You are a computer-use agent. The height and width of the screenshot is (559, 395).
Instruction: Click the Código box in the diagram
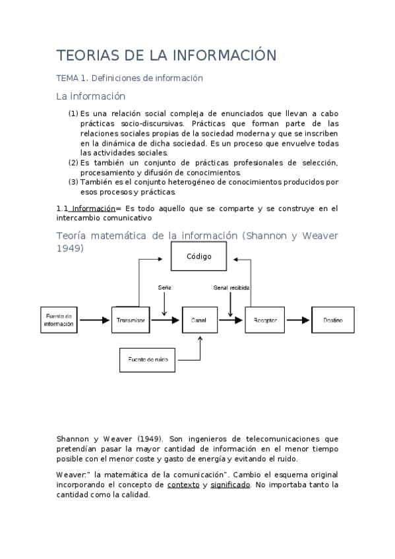(198, 256)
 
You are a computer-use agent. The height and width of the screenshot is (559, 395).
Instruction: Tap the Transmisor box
(131, 320)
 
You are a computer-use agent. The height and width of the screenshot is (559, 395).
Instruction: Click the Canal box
(198, 320)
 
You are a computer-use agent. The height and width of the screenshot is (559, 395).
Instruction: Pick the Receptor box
(264, 320)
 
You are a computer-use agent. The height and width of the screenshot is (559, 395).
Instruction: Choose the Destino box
(332, 320)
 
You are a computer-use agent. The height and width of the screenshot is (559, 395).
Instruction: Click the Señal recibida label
(231, 288)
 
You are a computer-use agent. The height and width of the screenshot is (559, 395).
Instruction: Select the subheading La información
(90, 96)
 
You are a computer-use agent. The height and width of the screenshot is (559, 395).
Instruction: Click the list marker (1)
(73, 113)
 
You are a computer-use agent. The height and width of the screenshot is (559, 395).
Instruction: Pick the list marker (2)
(73, 163)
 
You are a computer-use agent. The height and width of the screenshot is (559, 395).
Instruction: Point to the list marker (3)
(73, 183)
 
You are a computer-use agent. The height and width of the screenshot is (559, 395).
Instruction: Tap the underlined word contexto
(183, 485)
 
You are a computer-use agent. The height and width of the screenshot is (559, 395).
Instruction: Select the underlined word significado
(230, 485)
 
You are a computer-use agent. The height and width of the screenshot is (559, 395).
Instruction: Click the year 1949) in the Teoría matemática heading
(70, 249)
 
